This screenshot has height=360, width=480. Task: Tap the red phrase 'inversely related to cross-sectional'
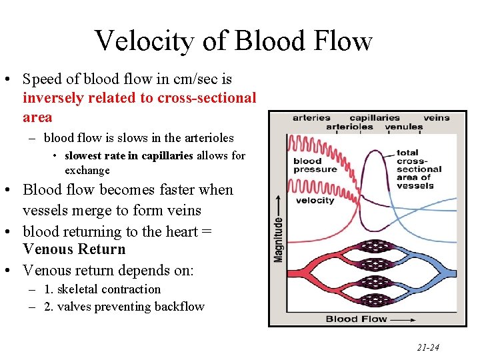(x=139, y=98)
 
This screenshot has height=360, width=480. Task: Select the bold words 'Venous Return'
(x=74, y=249)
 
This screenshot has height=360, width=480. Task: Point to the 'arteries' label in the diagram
(x=311, y=118)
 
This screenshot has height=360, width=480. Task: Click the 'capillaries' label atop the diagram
(x=375, y=118)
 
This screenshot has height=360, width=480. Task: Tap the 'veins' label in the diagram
(x=437, y=118)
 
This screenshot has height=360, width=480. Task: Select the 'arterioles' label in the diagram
(x=350, y=127)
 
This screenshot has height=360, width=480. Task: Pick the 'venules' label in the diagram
(x=404, y=127)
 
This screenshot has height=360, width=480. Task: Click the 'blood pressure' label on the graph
(x=315, y=165)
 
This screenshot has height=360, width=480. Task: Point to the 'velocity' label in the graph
(x=315, y=200)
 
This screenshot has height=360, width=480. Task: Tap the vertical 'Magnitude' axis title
(x=278, y=239)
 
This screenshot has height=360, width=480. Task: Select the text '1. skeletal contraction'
(x=102, y=289)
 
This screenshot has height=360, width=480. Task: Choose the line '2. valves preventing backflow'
(x=124, y=307)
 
